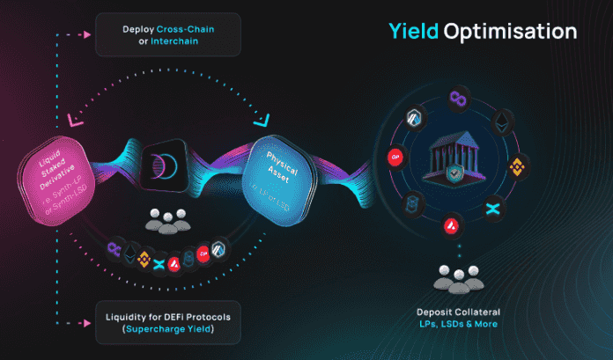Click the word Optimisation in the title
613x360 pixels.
pos(511,33)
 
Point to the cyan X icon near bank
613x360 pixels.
pos(492,210)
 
